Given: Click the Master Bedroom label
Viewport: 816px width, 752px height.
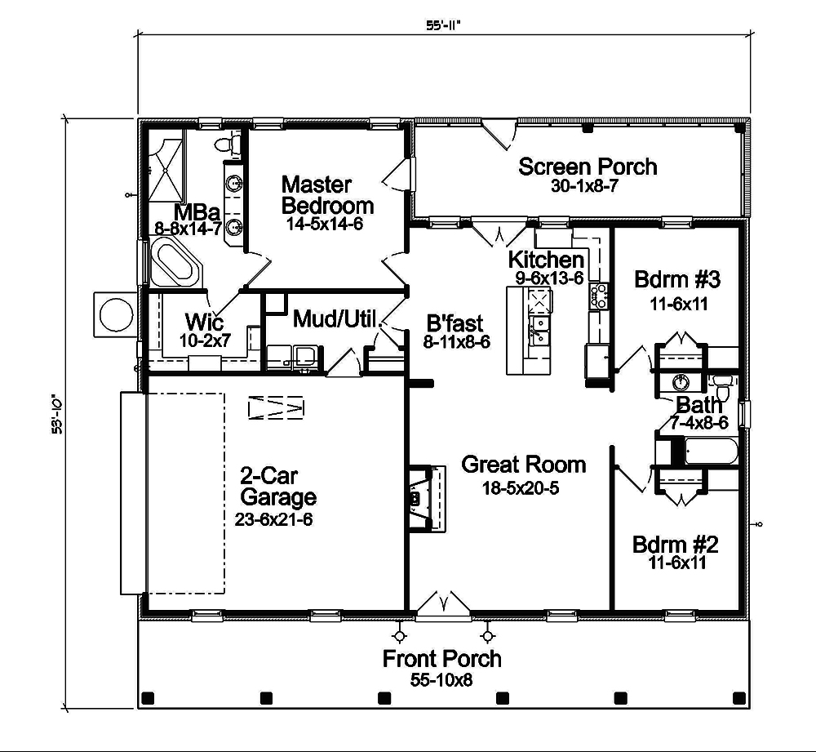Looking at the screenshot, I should pos(327,194).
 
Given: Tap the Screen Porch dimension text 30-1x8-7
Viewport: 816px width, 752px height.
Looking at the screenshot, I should pos(588,186).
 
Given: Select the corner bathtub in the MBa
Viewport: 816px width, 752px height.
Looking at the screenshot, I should pos(175,263).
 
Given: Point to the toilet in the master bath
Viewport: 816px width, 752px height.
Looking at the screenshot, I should pos(226,145).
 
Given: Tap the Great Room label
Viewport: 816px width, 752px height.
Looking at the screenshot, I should pos(523,465).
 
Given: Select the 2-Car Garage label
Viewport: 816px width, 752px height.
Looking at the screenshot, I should pos(278,486).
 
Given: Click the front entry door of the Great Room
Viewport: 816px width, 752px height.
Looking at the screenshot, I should pos(443,604).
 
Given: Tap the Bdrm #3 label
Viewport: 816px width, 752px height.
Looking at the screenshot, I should pos(676,280).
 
